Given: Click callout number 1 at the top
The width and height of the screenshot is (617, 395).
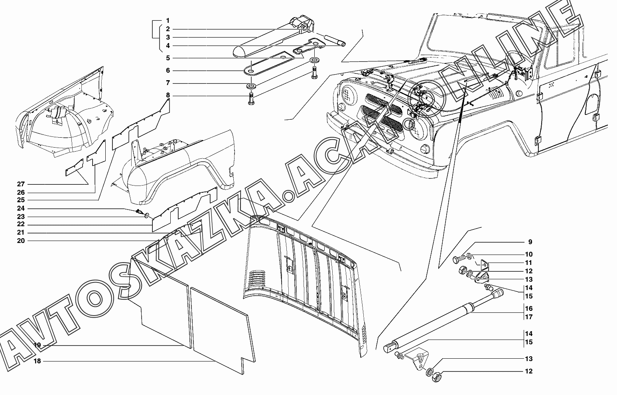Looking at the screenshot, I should point(168,20).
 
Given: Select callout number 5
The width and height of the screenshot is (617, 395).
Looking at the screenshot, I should point(168,58).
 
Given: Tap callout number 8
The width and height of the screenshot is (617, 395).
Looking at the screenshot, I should point(168,96).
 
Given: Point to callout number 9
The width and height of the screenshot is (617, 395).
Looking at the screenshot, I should point(530,242).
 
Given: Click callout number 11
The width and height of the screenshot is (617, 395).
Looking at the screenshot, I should point(528,263).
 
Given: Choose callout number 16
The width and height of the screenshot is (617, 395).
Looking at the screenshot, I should point(528,309).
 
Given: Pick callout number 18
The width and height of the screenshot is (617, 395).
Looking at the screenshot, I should point(37,361).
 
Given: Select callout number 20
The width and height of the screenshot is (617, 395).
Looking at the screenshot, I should point(21,241).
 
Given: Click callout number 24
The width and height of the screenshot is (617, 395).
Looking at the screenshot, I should point(21,209).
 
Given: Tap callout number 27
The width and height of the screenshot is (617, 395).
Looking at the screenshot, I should point(21,184).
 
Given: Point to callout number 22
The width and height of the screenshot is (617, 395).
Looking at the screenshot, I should point(21,225).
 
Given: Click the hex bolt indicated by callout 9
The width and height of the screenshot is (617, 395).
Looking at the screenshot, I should point(458,261).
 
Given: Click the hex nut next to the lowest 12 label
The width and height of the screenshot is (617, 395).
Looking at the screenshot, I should point(436,375).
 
